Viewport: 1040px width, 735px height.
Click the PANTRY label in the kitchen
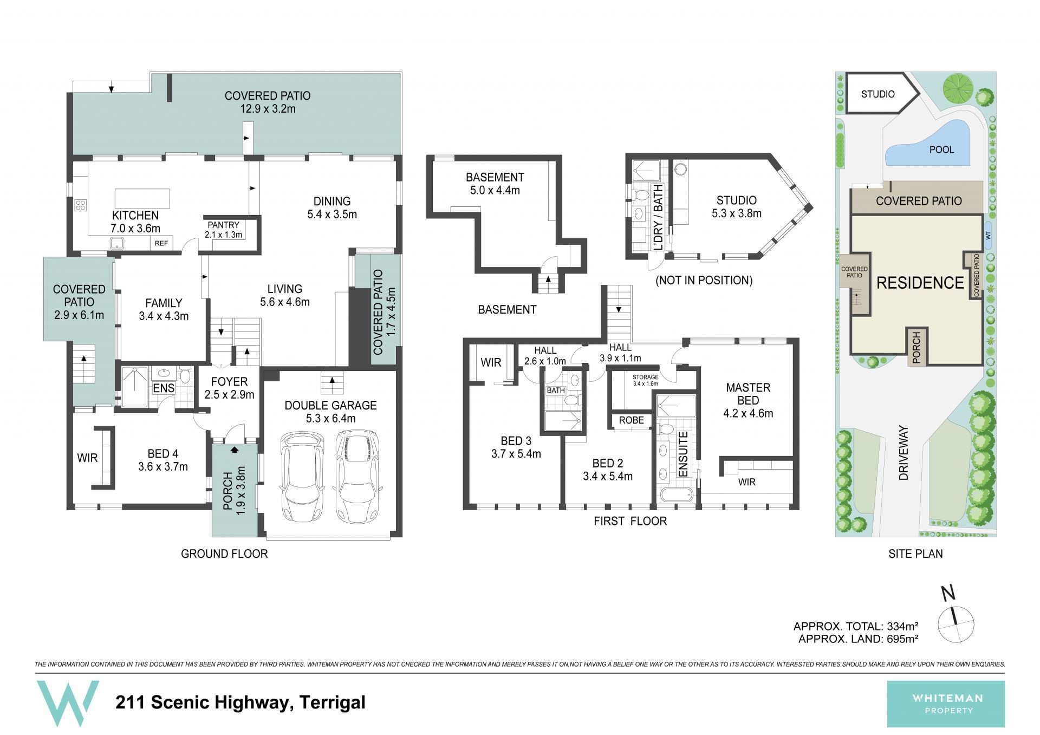coord(223,225)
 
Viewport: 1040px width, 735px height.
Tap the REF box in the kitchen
coord(161,243)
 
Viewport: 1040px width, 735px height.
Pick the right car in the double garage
coord(357,475)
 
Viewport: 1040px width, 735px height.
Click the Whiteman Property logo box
coord(946,704)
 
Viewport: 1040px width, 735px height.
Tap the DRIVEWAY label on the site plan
coord(903,453)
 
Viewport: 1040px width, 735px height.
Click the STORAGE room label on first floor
coord(645,377)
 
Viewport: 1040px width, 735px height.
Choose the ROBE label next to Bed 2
coord(632,420)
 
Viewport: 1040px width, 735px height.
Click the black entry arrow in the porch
coord(235,449)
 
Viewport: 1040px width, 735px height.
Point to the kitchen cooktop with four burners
coord(81,205)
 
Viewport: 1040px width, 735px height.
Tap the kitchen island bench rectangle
coord(142,199)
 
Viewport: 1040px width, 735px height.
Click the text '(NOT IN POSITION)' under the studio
coord(704,280)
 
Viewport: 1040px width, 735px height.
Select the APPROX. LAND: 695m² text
coord(858,639)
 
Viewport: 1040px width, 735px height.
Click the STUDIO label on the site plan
coord(877,94)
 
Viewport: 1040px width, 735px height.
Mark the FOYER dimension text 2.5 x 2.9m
coord(229,394)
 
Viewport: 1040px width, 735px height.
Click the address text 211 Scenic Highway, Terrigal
coord(240,703)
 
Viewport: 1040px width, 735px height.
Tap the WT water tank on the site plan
coord(987,236)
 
